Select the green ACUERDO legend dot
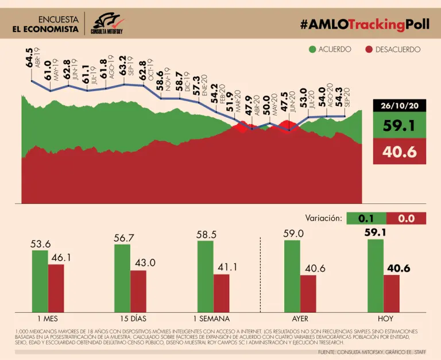click(x=312, y=49)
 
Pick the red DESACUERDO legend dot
click(x=369, y=49)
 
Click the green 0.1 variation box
click(x=366, y=218)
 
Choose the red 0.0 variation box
click(x=406, y=218)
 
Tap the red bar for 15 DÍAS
click(x=138, y=291)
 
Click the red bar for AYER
click(x=308, y=293)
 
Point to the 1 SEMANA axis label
click(x=211, y=319)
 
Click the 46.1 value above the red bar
click(x=61, y=258)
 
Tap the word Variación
click(x=323, y=218)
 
